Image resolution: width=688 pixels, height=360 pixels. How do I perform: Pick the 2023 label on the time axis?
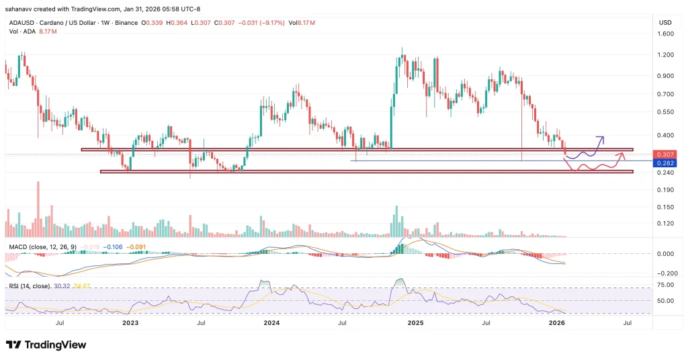[130, 323]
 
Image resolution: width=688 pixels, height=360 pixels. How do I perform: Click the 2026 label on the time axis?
[557, 323]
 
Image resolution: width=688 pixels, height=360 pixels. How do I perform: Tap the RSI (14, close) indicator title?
[28, 287]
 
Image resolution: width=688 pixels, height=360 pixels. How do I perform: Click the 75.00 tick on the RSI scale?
[664, 285]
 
